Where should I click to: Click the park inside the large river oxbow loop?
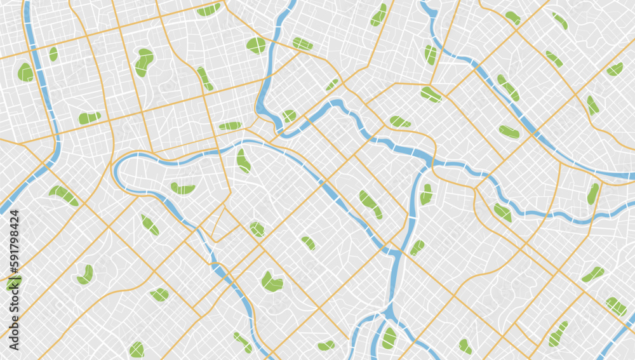click(182, 189)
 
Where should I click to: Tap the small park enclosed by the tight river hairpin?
click(289, 116)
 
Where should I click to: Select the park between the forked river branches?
click(389, 338)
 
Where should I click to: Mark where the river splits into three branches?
click(388, 312)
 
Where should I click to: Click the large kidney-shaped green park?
click(144, 62)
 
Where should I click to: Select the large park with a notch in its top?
click(272, 281)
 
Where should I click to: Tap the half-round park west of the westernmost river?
click(25, 72)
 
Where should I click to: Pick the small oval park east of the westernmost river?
click(53, 54)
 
